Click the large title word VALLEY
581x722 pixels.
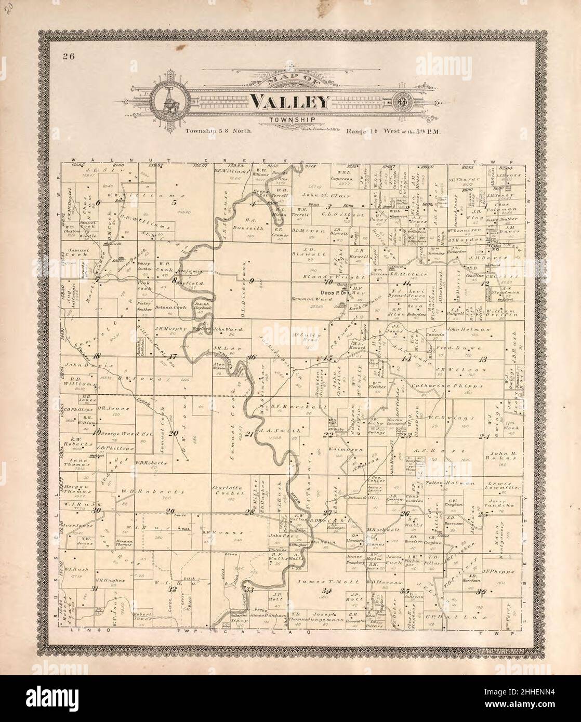coord(290,102)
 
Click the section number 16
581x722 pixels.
coord(252,357)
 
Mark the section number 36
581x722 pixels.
coord(482,592)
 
